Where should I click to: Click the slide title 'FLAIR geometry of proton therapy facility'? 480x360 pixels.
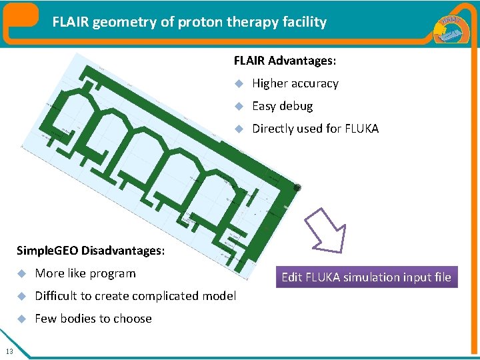click(x=190, y=22)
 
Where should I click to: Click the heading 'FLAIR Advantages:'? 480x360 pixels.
click(x=285, y=61)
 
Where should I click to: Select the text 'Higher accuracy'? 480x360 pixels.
click(x=295, y=83)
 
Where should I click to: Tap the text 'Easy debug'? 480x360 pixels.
click(x=282, y=106)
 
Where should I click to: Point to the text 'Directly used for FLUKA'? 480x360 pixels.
click(x=315, y=129)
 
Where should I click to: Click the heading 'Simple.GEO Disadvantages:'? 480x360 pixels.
click(x=91, y=251)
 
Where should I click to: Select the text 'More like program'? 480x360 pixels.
click(x=85, y=273)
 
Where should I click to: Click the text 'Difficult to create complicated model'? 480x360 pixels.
click(x=135, y=296)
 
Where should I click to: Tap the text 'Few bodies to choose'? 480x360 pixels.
click(x=93, y=319)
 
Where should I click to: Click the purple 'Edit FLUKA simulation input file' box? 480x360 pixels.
click(x=366, y=277)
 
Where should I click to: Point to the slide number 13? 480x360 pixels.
click(x=8, y=352)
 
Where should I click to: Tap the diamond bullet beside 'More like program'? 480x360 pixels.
click(x=21, y=274)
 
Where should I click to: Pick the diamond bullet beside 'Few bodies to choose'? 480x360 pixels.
click(x=21, y=319)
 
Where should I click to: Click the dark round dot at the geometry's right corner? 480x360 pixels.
click(x=297, y=188)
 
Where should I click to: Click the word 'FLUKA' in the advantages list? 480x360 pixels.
click(x=362, y=129)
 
